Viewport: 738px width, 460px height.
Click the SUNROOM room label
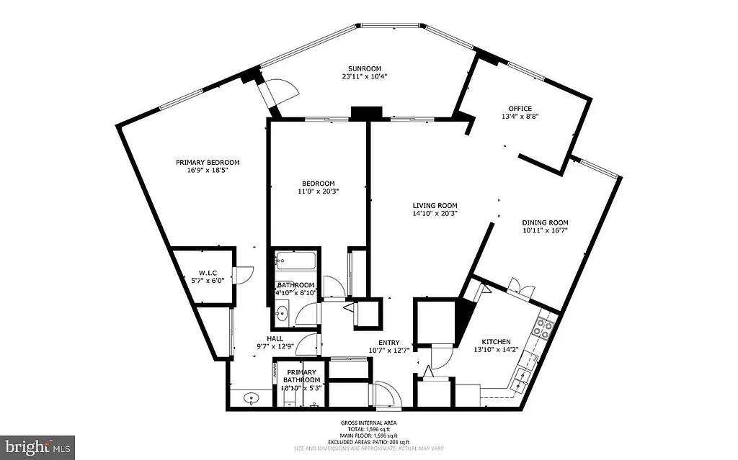(364, 69)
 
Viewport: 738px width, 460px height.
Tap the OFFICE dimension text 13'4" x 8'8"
(520, 116)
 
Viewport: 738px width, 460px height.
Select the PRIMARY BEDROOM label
(208, 162)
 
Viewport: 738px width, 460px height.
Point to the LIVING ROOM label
(435, 205)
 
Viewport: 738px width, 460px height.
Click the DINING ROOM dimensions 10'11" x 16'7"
(545, 231)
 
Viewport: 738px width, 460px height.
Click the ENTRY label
(389, 342)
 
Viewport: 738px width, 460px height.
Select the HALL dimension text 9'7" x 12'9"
(275, 346)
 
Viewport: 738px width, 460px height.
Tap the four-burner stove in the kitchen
(543, 329)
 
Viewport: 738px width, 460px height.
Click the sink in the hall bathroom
(282, 312)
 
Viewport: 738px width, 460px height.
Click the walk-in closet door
(245, 274)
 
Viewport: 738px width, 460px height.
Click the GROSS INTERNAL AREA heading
(368, 423)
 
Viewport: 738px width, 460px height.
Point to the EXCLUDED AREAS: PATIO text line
(368, 442)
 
